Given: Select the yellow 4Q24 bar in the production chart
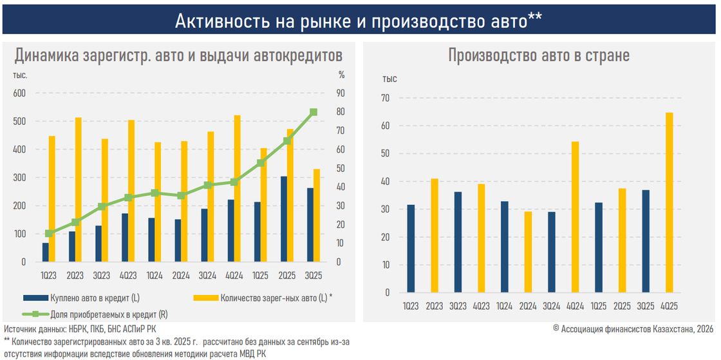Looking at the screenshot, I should pos(575,216).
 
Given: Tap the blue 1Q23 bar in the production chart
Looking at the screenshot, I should pos(411,249).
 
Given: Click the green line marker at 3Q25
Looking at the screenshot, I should pos(314,112).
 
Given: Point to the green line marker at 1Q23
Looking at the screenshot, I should pos(50,233).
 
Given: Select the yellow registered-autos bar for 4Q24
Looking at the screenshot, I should pos(238,189).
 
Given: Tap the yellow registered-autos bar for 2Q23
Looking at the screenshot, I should pos(78,189).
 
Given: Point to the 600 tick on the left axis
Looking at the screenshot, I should pos(19,93).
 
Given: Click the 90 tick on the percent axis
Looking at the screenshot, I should pos(340,93).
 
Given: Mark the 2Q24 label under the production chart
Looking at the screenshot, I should pos(528,305).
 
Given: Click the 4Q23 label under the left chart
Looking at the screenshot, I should pos(128,275).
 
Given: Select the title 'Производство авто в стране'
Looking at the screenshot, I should pos(539,55).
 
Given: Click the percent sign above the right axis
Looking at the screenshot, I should pos(342,75).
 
